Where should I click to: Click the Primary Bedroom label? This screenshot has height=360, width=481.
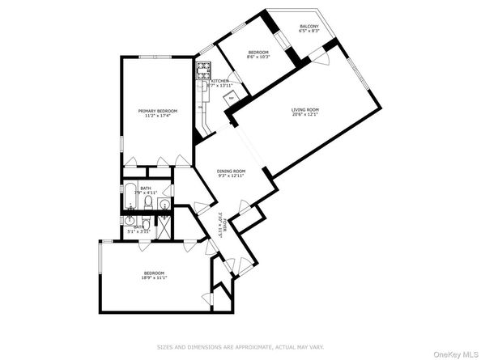[x=157, y=111]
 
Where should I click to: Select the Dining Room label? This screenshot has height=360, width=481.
[x=232, y=171]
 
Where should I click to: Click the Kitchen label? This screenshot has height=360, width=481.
[x=220, y=82]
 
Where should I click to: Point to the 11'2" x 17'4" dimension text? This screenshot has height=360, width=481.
[x=157, y=116]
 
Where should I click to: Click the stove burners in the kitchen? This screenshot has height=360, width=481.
[x=202, y=70]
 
